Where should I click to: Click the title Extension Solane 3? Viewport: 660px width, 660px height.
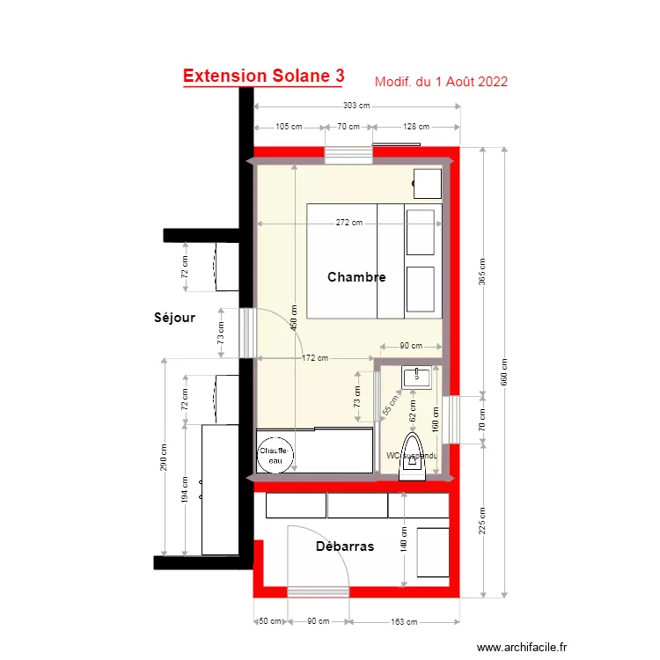tap(263, 77)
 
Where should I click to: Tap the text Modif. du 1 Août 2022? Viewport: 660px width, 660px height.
tap(441, 82)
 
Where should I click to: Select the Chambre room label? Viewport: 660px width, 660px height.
tap(356, 277)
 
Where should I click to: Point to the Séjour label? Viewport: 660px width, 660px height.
tap(174, 318)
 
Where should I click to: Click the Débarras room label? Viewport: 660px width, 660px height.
tap(344, 546)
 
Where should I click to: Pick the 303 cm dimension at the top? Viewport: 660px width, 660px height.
tap(356, 106)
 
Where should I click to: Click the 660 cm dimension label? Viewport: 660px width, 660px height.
tap(504, 371)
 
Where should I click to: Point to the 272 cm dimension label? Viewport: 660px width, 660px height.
tap(349, 223)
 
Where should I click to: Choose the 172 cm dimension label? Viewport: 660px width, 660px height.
tap(315, 358)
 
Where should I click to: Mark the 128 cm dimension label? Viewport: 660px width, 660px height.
tap(415, 127)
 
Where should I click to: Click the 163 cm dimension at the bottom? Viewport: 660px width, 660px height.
tap(404, 622)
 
